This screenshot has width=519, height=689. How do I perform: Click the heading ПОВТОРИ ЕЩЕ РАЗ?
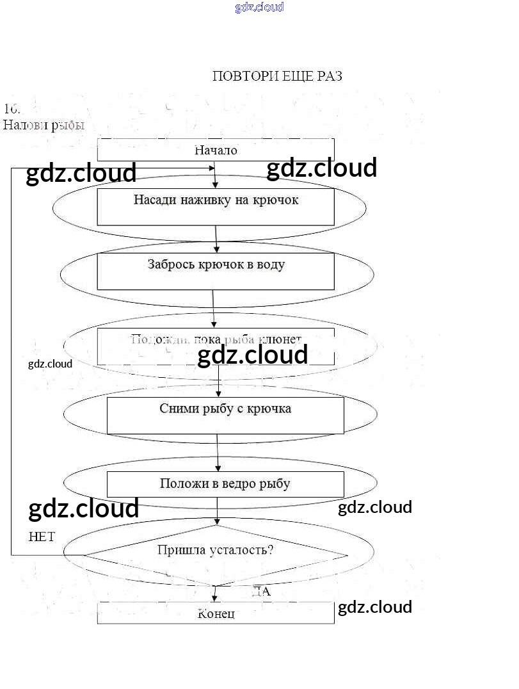(276, 76)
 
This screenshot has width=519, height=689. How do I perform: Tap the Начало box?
(216, 150)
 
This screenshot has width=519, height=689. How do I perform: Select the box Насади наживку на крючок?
(216, 206)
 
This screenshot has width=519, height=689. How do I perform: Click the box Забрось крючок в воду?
(216, 271)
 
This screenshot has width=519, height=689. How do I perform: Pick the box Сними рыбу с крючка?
(225, 415)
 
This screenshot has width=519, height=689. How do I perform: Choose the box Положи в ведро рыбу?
(225, 484)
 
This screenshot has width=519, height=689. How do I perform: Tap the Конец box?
(216, 613)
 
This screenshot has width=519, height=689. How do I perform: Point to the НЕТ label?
(42, 537)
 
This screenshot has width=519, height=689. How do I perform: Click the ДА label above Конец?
(261, 591)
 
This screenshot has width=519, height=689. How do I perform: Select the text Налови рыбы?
(44, 125)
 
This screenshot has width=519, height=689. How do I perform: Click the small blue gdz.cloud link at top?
(259, 7)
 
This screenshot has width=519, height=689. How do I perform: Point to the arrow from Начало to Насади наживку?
(216, 174)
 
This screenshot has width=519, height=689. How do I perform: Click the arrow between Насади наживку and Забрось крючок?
(216, 239)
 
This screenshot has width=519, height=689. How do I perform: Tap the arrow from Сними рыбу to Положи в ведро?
(218, 453)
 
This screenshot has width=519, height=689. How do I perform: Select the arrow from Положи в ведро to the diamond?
(218, 510)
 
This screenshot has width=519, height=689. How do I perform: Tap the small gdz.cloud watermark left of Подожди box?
(50, 364)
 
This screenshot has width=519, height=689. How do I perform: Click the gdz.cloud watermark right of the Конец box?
(374, 607)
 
